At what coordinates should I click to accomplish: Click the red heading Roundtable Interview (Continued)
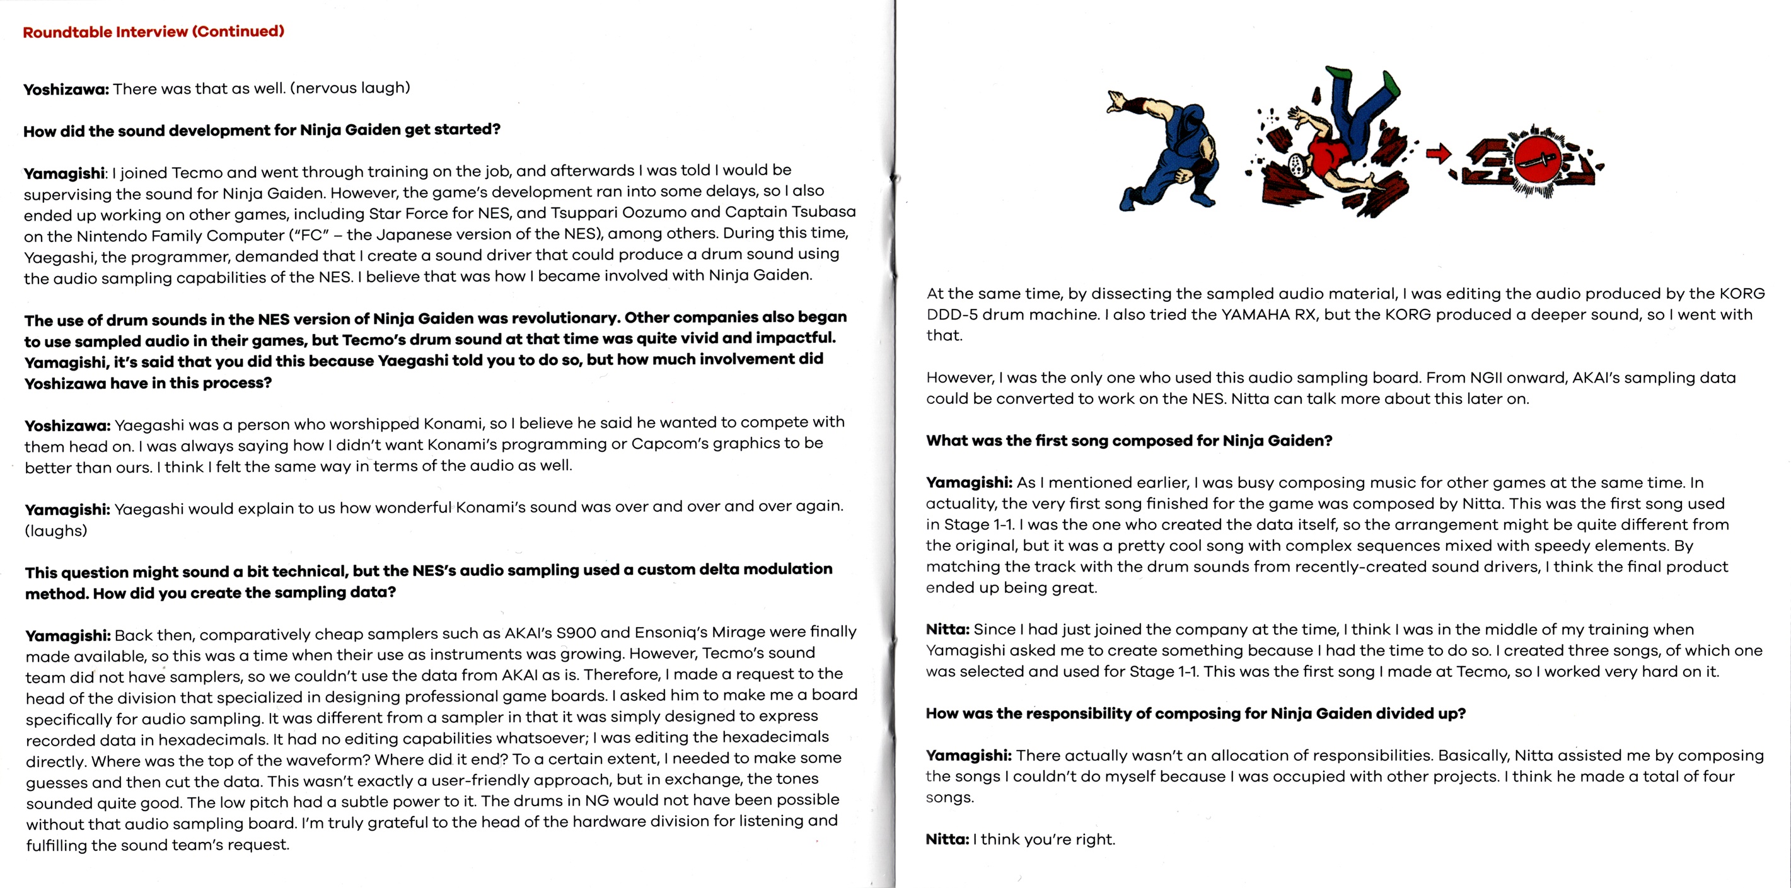[154, 32]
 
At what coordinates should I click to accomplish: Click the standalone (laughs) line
[56, 531]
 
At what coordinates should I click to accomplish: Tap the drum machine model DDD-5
[951, 314]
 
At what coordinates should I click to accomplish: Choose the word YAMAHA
[1253, 314]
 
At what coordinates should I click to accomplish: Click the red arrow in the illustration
[1438, 154]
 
